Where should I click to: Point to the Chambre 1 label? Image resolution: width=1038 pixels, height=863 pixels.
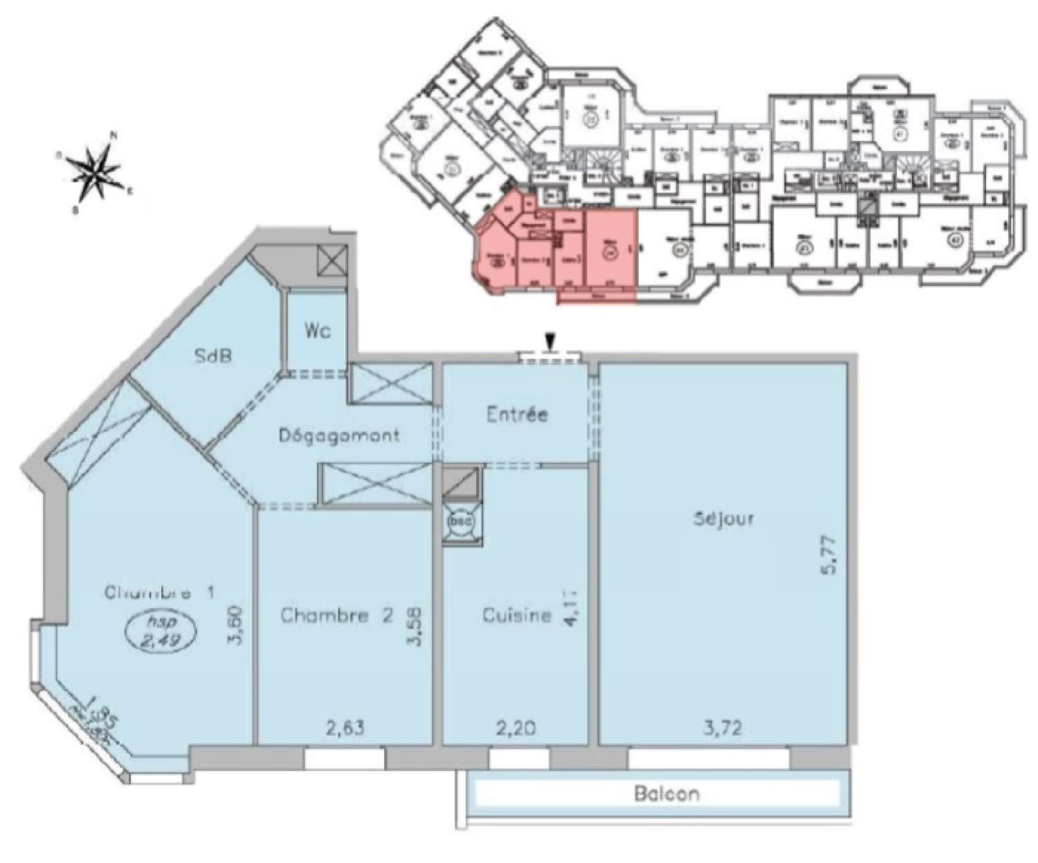160,592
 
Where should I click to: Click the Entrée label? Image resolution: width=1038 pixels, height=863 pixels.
517,415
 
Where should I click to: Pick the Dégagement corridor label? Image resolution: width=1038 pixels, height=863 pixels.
339,435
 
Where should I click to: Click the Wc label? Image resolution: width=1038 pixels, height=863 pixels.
317,331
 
